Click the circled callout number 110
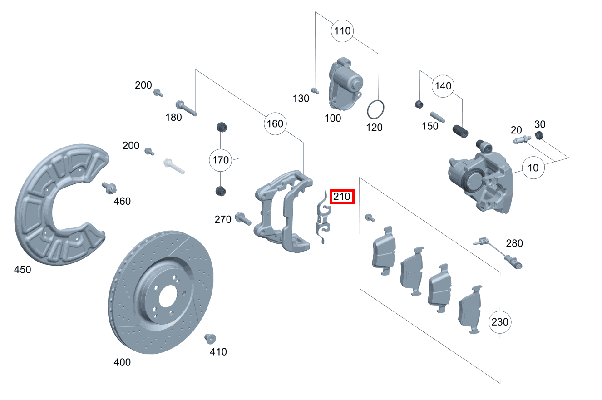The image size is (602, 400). click(342, 31)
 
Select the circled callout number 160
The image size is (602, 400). click(275, 123)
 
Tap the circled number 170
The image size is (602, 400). click(220, 160)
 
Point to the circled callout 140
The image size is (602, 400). click(443, 86)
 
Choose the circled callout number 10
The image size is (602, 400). click(533, 168)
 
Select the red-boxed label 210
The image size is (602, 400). click(341, 197)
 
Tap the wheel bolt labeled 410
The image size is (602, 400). click(210, 338)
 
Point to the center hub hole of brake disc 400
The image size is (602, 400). click(167, 295)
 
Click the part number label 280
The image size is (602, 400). click(514, 243)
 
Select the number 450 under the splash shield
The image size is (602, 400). click(22, 270)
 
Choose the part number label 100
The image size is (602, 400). click(333, 119)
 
